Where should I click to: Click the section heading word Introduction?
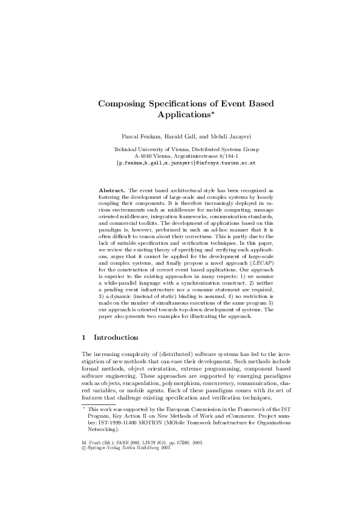(x=116, y=337)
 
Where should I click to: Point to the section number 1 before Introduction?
(x=83, y=337)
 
